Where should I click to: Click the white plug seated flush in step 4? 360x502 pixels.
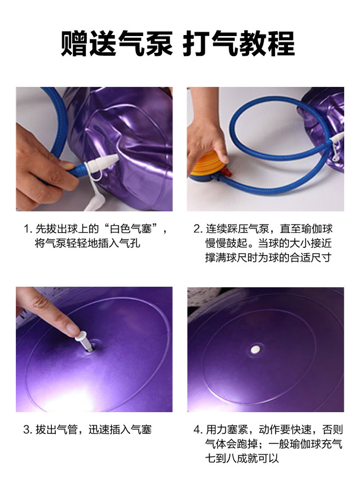click(255, 349)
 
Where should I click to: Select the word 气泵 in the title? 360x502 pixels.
click(145, 43)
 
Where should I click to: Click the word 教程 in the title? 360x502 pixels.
click(267, 43)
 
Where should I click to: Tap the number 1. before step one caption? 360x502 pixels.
click(28, 229)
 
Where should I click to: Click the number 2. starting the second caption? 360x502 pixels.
click(198, 229)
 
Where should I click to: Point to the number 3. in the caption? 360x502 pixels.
click(28, 429)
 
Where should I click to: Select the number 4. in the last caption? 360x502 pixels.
click(198, 429)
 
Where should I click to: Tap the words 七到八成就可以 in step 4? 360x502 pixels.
click(242, 458)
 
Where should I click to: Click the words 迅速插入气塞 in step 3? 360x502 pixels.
click(120, 429)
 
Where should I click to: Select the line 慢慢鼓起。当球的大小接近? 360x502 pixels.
click(269, 243)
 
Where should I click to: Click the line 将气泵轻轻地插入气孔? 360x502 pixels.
click(87, 243)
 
